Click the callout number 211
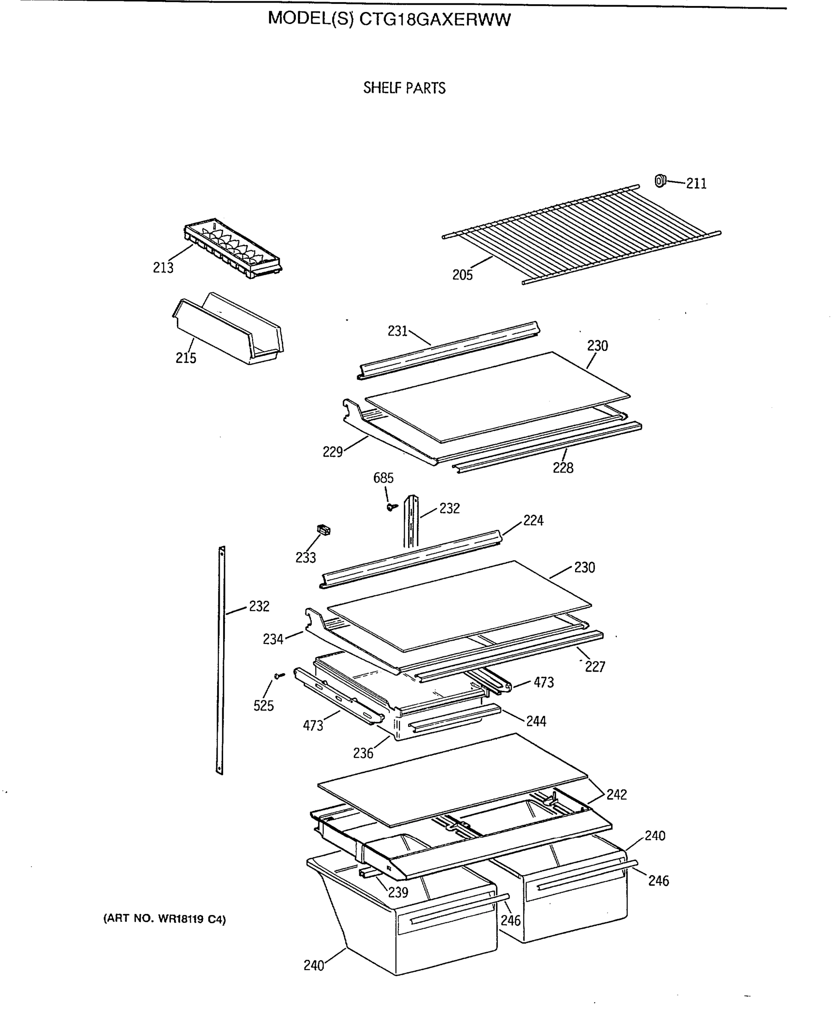(696, 183)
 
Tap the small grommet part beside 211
(660, 181)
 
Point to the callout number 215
(185, 358)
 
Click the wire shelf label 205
(462, 275)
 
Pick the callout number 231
(397, 331)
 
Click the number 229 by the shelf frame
(332, 451)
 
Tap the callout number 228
(562, 468)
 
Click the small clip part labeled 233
(324, 530)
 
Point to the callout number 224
(533, 520)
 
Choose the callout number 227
(595, 666)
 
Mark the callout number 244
(535, 721)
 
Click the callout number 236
(363, 753)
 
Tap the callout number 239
(398, 892)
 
